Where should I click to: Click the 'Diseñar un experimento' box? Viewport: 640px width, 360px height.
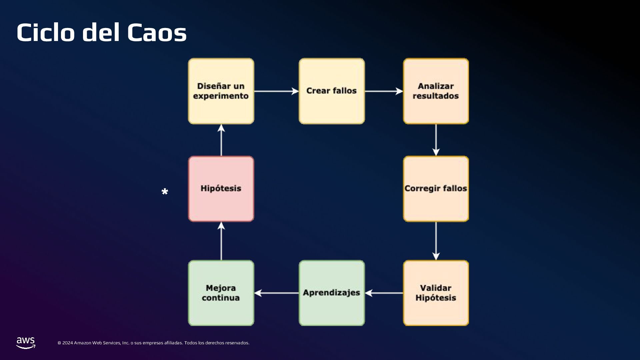point(221,91)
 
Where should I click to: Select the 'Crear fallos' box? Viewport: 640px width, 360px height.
point(332,91)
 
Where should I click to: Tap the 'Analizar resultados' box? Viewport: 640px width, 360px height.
point(436,91)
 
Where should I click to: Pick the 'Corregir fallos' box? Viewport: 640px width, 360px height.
point(436,189)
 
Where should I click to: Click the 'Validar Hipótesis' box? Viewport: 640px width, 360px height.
point(436,293)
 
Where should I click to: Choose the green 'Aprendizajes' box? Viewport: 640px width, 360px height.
point(332,293)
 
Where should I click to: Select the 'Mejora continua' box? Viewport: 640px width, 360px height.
point(221,293)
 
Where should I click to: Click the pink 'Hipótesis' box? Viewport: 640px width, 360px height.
point(221,189)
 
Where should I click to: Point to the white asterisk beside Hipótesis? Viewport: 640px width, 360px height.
point(165,192)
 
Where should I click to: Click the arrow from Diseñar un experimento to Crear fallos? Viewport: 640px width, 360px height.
point(276,91)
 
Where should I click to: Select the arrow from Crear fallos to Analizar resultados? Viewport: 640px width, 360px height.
point(384,91)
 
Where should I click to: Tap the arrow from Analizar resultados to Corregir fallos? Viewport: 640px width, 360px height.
point(436,140)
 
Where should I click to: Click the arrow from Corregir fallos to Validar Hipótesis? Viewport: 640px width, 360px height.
point(436,241)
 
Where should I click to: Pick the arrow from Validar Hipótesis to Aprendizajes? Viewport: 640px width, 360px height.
point(384,293)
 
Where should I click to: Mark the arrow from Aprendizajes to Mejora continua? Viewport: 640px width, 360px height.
point(276,293)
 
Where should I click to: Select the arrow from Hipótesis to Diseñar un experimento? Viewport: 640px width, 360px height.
point(221,140)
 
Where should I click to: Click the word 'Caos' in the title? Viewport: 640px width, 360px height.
point(157,33)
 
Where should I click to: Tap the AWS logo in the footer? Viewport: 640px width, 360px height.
point(26,343)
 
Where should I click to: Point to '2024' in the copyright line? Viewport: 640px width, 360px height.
point(67,343)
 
